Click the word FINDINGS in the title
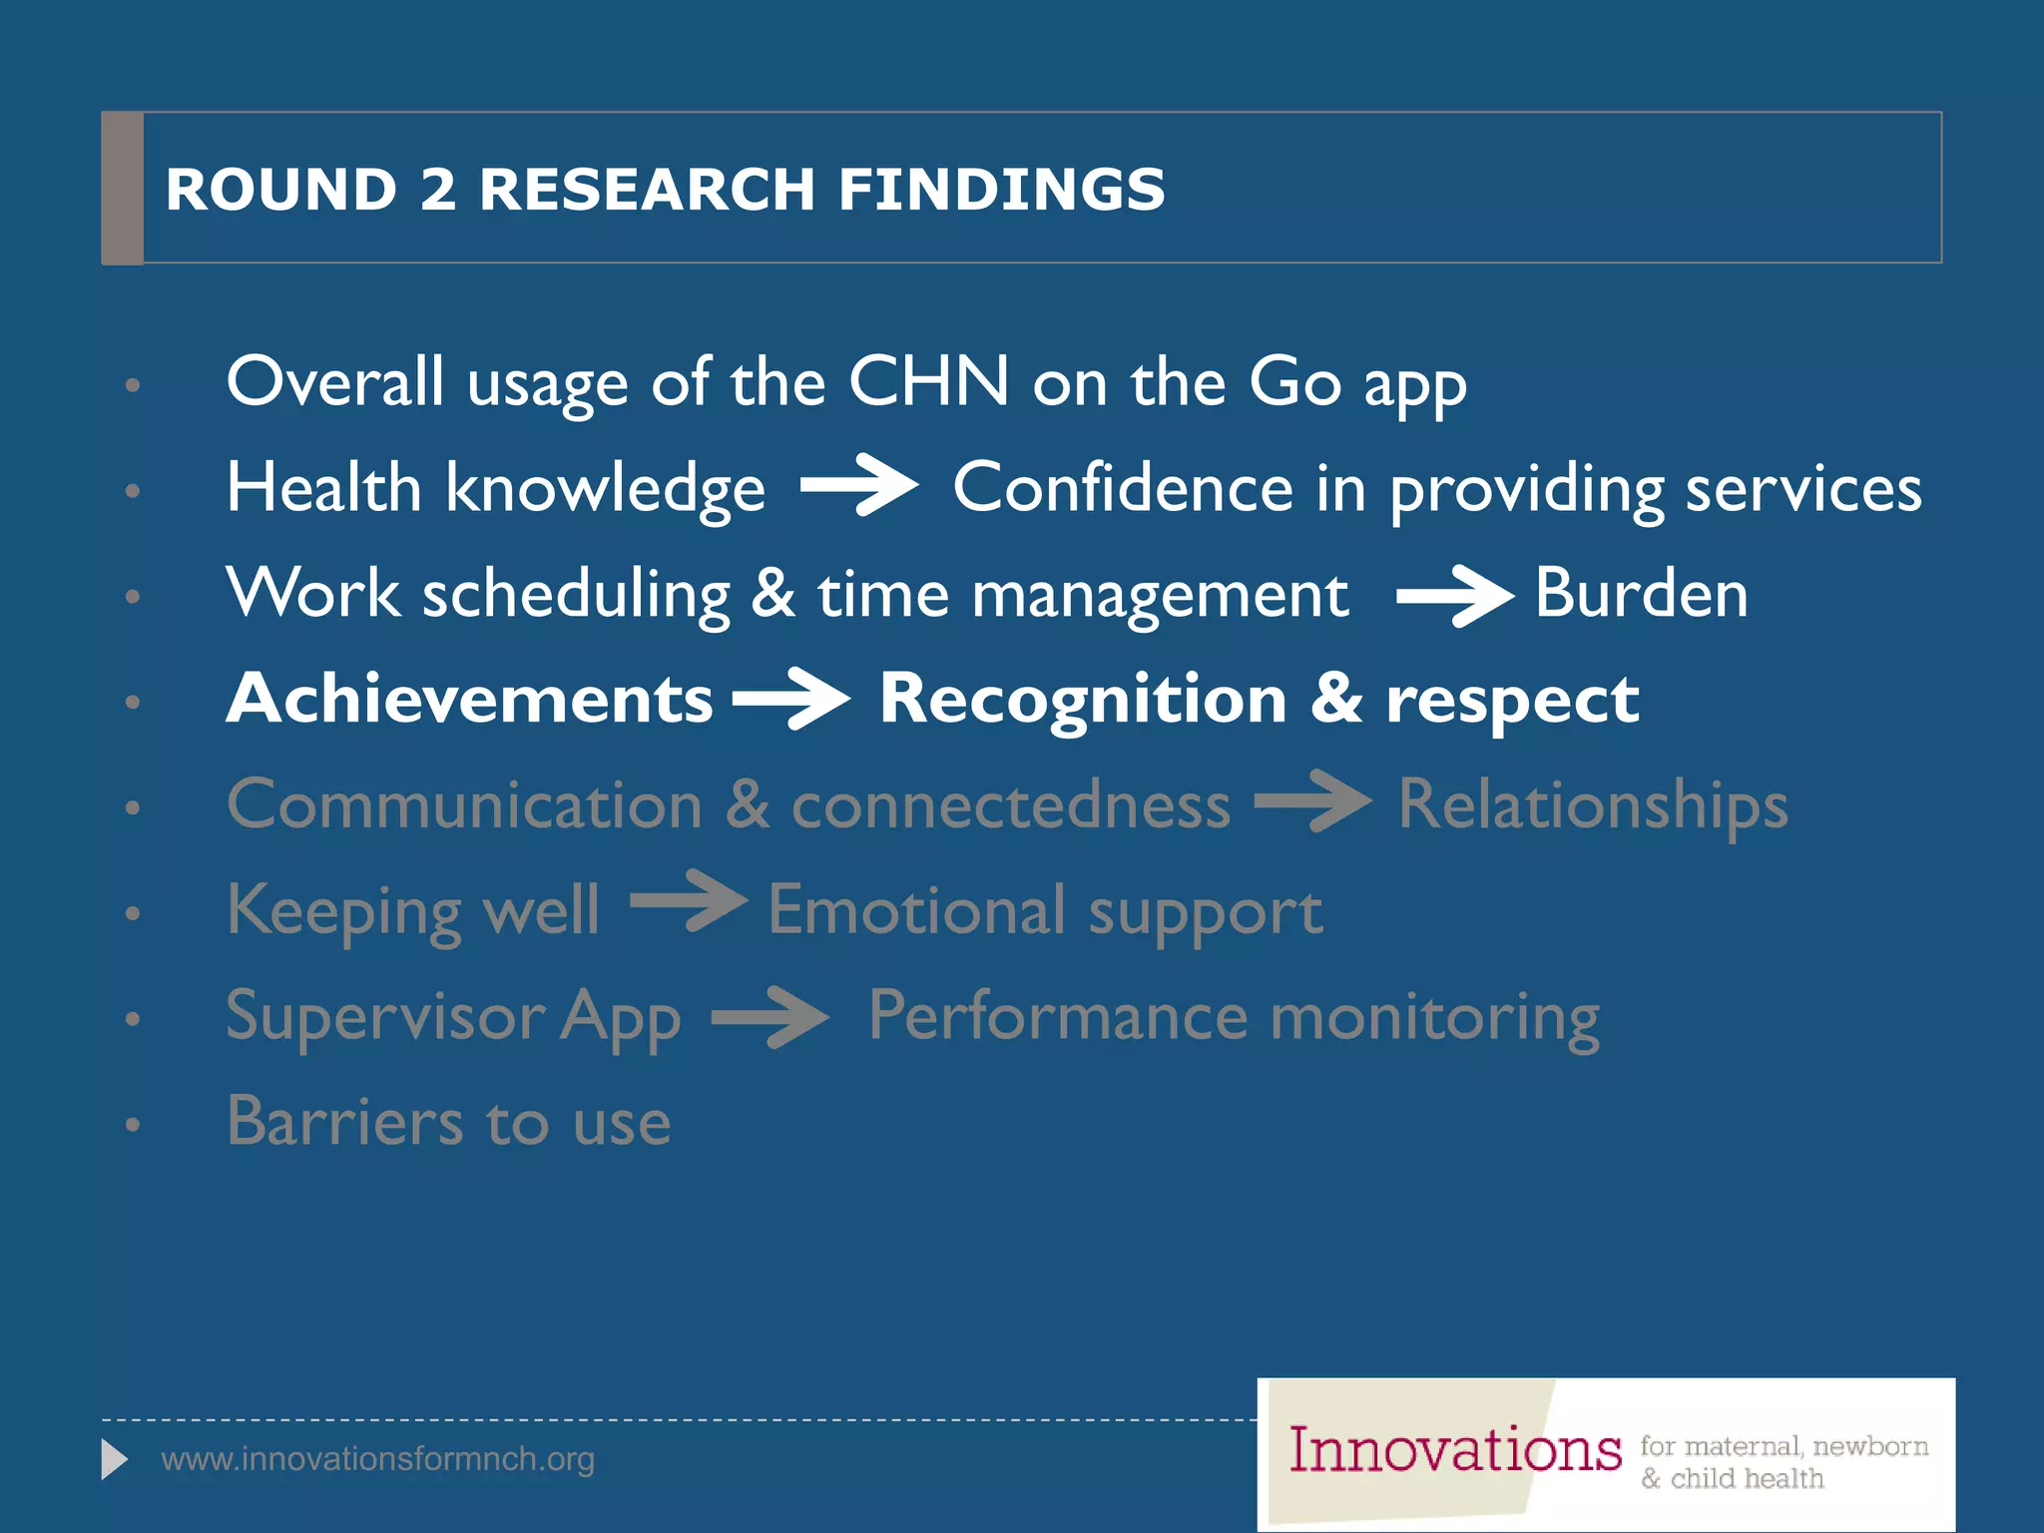click(x=1001, y=189)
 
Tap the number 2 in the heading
click(x=437, y=189)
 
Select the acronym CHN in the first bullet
click(x=928, y=381)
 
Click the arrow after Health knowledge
click(x=858, y=485)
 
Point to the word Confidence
click(x=1123, y=488)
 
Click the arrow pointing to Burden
click(x=1454, y=596)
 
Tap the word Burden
click(x=1641, y=594)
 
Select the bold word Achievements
click(x=469, y=699)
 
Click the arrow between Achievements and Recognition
click(x=790, y=700)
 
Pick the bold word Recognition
click(x=1083, y=701)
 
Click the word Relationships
click(x=1593, y=805)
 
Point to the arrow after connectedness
click(x=1312, y=801)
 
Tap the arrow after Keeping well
click(x=689, y=902)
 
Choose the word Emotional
click(x=916, y=910)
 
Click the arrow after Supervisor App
click(x=769, y=1017)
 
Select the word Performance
click(x=1058, y=1016)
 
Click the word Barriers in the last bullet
click(x=345, y=1122)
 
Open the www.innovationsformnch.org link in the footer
click(x=377, y=1459)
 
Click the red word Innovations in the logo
click(x=1454, y=1450)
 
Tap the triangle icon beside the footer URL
click(x=114, y=1460)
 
